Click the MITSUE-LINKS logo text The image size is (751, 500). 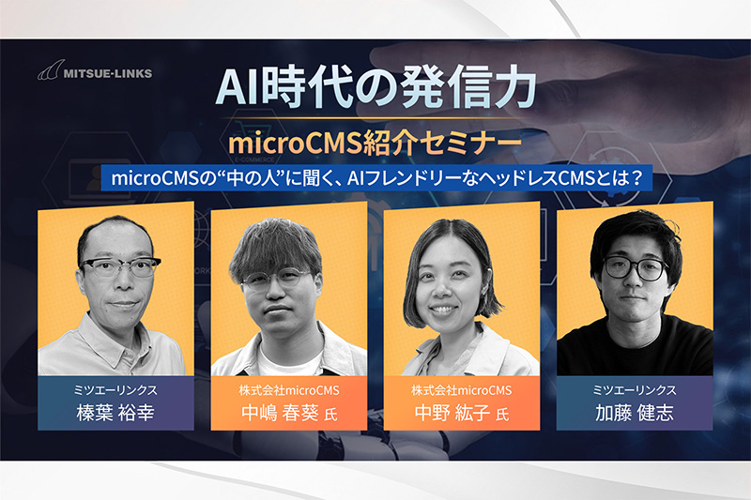pos(108,73)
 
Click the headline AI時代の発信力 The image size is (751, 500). pos(376,87)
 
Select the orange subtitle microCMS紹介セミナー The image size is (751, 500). pos(375,144)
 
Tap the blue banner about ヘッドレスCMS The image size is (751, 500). pos(376,178)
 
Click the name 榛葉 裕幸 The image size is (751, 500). pos(115,413)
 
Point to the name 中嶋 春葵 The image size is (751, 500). pos(280,413)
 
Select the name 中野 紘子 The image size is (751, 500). pos(452,413)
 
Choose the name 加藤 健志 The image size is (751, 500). pos(635,413)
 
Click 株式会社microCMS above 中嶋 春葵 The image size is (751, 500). pos(289,390)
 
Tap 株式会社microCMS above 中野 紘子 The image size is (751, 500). pos(462,390)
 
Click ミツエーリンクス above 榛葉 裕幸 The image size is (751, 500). pos(115,390)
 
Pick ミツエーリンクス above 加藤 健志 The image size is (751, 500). pos(635,390)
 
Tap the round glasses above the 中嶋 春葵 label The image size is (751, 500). pos(276,280)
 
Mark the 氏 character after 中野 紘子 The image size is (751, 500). pos(502,415)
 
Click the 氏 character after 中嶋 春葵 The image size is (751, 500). pos(331,415)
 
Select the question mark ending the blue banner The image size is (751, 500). pos(636,178)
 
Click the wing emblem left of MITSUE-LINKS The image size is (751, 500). pos(51,69)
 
